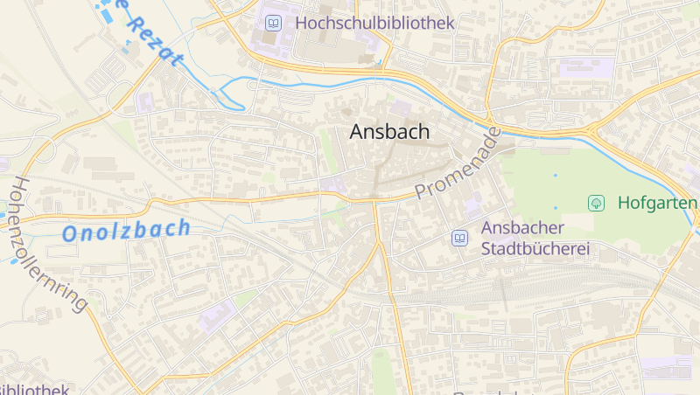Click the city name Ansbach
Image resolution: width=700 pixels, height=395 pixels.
coord(389,132)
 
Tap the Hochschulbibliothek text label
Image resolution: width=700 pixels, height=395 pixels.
coord(374,24)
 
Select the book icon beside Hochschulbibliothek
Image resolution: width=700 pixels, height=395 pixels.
coord(274,24)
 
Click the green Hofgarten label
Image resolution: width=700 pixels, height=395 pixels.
coord(656,203)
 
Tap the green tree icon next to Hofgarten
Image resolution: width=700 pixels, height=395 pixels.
coord(596,203)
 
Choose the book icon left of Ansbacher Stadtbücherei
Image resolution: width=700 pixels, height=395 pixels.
coord(459,238)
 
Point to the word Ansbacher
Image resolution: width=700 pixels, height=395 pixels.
coord(524,228)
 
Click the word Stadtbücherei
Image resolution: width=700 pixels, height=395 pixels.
coord(535,249)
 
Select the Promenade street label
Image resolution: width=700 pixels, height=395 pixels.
coord(457,163)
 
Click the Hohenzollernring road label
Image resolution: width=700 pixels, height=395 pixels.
coord(49,244)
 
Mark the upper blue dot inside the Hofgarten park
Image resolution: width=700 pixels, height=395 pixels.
coord(555,176)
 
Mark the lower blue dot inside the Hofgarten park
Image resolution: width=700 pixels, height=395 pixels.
coord(555,208)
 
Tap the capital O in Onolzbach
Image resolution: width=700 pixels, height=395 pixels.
coord(71,235)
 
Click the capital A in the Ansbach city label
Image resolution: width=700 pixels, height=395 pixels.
coord(358,132)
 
